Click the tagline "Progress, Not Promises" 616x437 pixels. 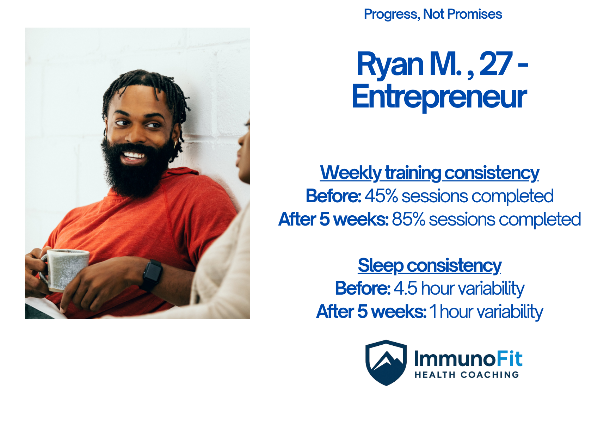(x=433, y=14)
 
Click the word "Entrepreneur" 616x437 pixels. (x=439, y=97)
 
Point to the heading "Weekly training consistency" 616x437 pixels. (x=430, y=173)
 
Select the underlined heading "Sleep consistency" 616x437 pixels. (x=430, y=265)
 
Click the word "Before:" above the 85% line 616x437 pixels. (x=333, y=196)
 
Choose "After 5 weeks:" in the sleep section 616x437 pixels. (x=371, y=312)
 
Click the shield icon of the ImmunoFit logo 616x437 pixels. (x=386, y=363)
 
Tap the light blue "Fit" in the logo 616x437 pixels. (x=510, y=359)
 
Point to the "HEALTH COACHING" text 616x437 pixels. (x=467, y=375)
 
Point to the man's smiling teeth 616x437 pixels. (x=133, y=155)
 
